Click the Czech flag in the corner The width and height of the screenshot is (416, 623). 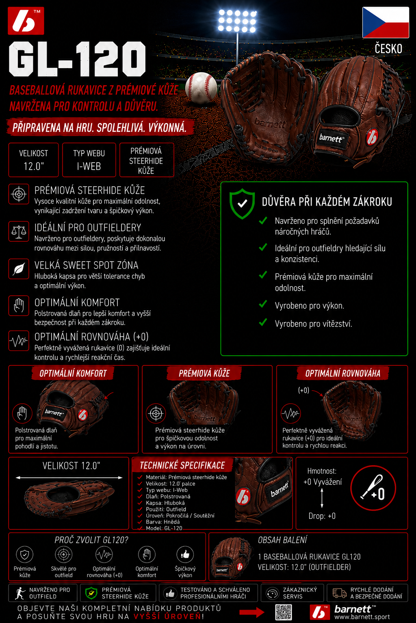pyautogui.click(x=386, y=22)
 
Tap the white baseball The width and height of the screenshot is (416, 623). pyautogui.click(x=201, y=87)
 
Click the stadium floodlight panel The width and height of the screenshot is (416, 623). pyautogui.click(x=237, y=21)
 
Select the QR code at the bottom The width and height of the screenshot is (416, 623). pyautogui.click(x=284, y=612)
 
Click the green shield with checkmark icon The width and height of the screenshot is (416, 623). pyautogui.click(x=242, y=204)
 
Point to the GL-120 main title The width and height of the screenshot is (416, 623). pyautogui.click(x=77, y=59)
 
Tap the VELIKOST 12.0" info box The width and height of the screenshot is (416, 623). pyautogui.click(x=33, y=160)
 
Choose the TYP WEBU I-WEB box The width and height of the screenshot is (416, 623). pyautogui.click(x=89, y=160)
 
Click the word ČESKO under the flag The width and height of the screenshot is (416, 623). pyautogui.click(x=388, y=49)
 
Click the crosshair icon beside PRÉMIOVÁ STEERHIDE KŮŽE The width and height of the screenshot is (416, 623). pyautogui.click(x=19, y=194)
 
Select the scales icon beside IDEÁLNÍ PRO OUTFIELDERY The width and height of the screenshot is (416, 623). pyautogui.click(x=19, y=232)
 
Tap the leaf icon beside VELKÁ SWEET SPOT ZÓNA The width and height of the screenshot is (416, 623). pyautogui.click(x=19, y=269)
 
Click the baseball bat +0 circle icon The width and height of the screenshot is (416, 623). pyautogui.click(x=373, y=488)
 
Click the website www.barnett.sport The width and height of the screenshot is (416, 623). pyautogui.click(x=362, y=617)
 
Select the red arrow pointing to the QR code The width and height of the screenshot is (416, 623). pyautogui.click(x=252, y=612)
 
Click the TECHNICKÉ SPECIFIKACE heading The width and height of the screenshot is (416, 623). pyautogui.click(x=182, y=465)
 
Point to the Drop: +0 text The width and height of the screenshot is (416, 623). pyautogui.click(x=322, y=516)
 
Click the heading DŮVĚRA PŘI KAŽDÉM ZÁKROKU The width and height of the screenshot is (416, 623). pyautogui.click(x=327, y=202)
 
